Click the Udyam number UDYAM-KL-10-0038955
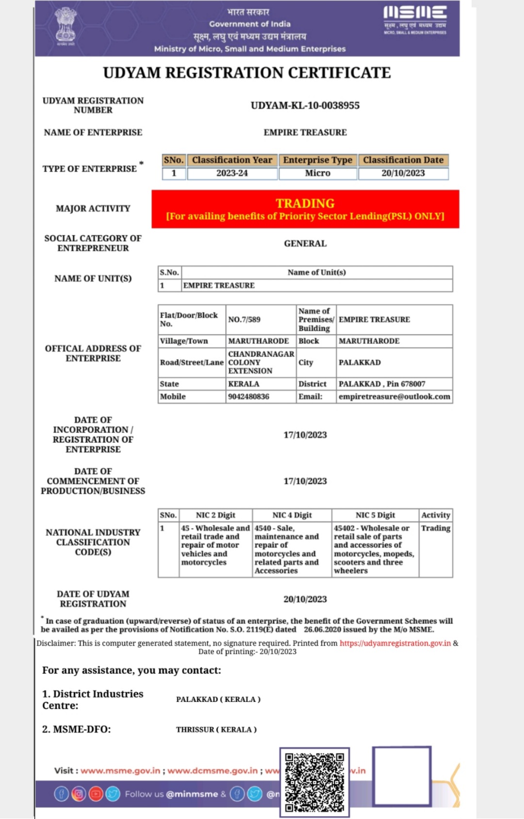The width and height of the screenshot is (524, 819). (x=305, y=105)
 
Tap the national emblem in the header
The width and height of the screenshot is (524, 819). (x=65, y=27)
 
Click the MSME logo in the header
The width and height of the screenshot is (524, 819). (x=415, y=19)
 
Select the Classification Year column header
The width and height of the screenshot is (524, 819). (x=232, y=160)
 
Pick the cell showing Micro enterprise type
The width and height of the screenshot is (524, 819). (x=317, y=173)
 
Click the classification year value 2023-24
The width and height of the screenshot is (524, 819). (x=232, y=173)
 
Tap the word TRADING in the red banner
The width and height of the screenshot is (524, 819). (x=305, y=203)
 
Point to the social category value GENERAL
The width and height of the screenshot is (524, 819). (x=305, y=243)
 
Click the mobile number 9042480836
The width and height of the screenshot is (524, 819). (x=248, y=397)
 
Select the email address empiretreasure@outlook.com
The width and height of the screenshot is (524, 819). (x=394, y=397)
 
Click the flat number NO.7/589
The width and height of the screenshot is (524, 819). (x=244, y=319)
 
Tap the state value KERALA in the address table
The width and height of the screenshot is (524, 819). (x=244, y=384)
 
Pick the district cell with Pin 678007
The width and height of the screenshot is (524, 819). (x=382, y=384)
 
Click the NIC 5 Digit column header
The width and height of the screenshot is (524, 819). (x=375, y=515)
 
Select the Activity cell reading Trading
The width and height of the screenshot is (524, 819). (x=435, y=528)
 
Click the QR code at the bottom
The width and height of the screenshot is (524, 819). (x=314, y=782)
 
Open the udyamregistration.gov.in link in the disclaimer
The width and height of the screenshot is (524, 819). (x=395, y=643)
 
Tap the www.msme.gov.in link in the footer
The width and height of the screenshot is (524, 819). (x=120, y=770)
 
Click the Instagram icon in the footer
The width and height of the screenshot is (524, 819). (x=78, y=794)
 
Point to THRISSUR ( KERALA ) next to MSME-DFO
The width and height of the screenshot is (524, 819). (x=216, y=730)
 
